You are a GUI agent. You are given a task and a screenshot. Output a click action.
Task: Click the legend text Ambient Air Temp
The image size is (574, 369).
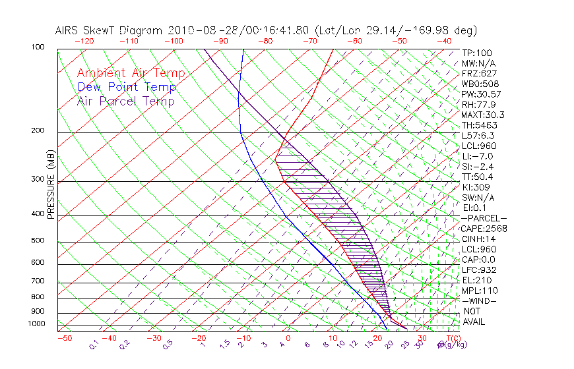coord(131,73)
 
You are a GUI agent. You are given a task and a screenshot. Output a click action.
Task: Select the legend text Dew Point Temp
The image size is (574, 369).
coord(127,87)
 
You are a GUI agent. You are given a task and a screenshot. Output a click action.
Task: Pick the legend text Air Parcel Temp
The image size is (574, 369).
coord(125,101)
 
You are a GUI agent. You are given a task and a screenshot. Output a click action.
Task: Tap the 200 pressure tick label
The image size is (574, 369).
coord(38,130)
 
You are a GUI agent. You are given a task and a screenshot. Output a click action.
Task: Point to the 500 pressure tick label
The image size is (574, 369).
coord(38,241)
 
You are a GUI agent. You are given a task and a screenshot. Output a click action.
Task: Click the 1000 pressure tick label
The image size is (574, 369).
coord(36,324)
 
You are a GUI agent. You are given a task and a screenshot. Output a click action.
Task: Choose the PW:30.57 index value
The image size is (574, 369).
coord(480,94)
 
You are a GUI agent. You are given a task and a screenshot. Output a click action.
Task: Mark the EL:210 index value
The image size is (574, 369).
coord(475,280)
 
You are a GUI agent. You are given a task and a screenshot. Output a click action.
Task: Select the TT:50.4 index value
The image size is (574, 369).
coord(477,177)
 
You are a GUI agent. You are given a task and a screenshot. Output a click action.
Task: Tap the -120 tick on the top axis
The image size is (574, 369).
coord(84,41)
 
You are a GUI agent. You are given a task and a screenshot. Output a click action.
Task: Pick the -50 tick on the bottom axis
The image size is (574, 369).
coord(64,338)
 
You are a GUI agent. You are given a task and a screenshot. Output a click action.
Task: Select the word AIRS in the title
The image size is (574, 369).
coord(68,30)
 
